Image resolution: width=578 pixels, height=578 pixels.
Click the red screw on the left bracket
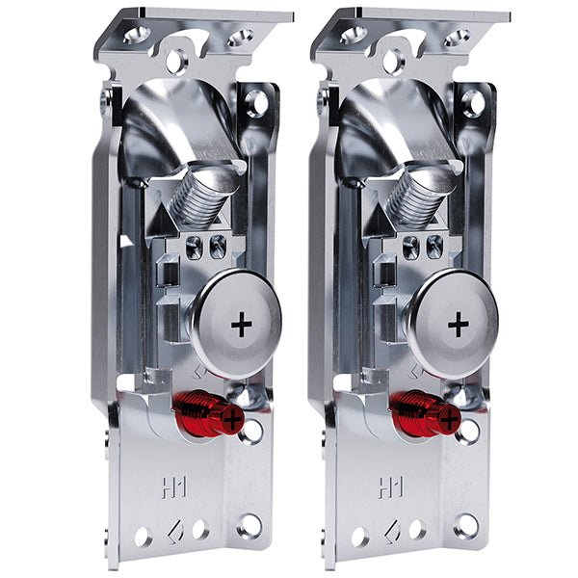pyautogui.click(x=208, y=413)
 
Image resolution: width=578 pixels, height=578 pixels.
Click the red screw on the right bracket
pyautogui.click(x=425, y=413)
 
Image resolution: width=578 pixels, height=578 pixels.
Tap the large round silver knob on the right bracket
pyautogui.click(x=455, y=325)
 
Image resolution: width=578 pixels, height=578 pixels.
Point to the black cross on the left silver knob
pyautogui.click(x=242, y=325)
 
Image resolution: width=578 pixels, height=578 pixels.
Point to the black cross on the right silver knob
pyautogui.click(x=459, y=325)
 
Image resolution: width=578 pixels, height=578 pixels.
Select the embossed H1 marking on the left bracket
pyautogui.click(x=174, y=487)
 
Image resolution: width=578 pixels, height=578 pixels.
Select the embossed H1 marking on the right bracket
pyautogui.click(x=391, y=487)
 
